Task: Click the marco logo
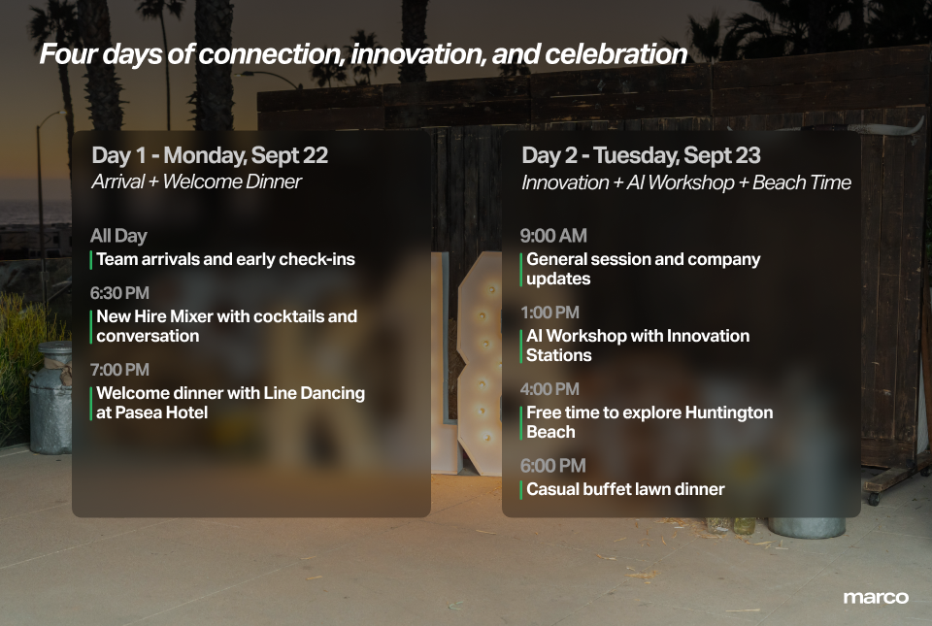pyautogui.click(x=876, y=598)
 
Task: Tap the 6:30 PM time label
pyautogui.click(x=119, y=293)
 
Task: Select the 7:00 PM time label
pyautogui.click(x=119, y=370)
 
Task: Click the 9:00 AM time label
pyautogui.click(x=553, y=236)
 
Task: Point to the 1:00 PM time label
pyautogui.click(x=549, y=313)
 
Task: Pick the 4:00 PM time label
pyautogui.click(x=549, y=389)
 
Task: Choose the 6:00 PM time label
pyautogui.click(x=552, y=466)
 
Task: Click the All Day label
pyautogui.click(x=118, y=237)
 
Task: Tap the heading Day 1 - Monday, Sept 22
pyautogui.click(x=210, y=155)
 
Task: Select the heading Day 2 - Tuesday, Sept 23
pyautogui.click(x=641, y=155)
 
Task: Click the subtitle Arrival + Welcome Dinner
pyautogui.click(x=197, y=181)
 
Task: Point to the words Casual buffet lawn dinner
pyautogui.click(x=625, y=489)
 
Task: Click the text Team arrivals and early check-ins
pyautogui.click(x=226, y=259)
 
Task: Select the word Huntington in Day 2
pyautogui.click(x=729, y=412)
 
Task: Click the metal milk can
pyautogui.click(x=51, y=397)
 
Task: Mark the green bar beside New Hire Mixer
pyautogui.click(x=91, y=326)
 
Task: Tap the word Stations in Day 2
pyautogui.click(x=559, y=355)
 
